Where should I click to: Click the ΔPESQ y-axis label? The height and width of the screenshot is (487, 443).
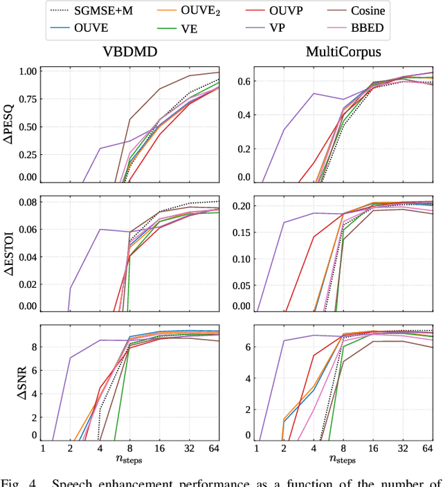(x=10, y=125)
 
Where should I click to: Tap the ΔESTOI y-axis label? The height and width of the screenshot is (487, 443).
(x=10, y=254)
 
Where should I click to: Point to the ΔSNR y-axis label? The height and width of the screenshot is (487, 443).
(x=10, y=383)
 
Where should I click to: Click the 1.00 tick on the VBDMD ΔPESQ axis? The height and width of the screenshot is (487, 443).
(x=26, y=71)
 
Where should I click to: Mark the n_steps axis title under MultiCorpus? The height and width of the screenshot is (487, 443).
(x=343, y=458)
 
